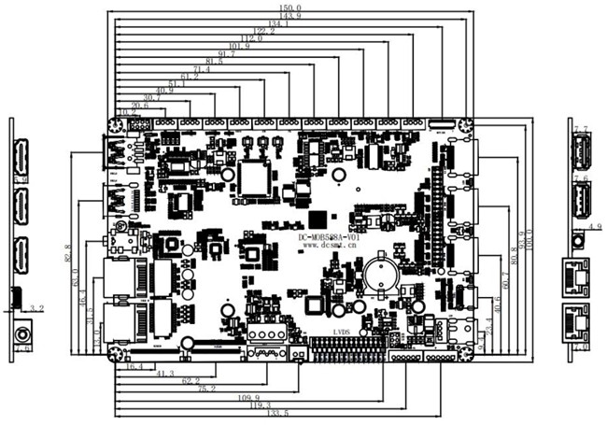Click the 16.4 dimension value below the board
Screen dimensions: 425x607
pos(134,367)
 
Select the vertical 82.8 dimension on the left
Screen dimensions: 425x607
pos(68,252)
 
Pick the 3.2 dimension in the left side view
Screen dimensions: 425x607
pos(36,307)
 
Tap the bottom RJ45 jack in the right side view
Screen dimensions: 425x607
pos(578,319)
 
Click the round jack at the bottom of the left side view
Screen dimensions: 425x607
pos(21,333)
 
